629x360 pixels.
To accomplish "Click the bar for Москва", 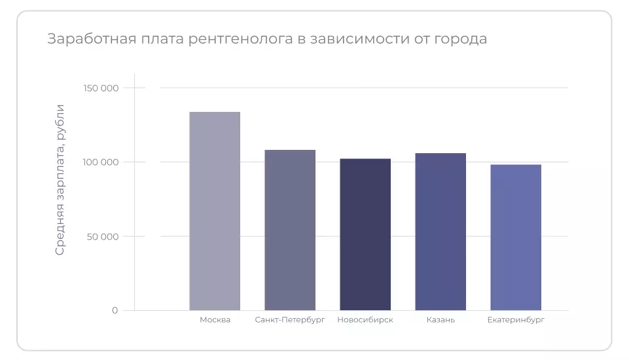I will (215, 211).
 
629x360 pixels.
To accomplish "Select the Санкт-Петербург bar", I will (290, 230).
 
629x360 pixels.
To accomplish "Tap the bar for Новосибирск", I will (365, 234).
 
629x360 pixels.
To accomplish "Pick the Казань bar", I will (440, 232).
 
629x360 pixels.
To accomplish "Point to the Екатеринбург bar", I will (516, 237).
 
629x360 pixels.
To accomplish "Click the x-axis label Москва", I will (215, 320).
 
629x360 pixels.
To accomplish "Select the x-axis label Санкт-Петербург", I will (290, 320).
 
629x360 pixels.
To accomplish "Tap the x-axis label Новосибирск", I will (365, 320).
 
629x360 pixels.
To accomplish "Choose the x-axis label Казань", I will (440, 320).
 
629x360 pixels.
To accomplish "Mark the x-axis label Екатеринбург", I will (516, 320).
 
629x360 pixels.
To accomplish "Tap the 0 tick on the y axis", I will (115, 310).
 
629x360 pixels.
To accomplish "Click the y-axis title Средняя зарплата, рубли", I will (60, 179).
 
